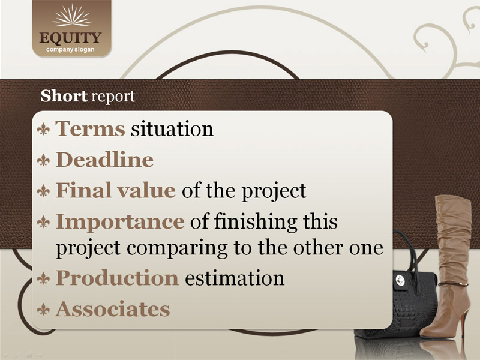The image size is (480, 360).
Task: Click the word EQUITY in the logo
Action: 70,38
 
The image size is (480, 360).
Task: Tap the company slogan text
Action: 70,50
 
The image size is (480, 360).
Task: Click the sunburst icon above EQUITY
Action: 72,16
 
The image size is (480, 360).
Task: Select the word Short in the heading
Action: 64,96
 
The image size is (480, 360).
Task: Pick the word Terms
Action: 90,128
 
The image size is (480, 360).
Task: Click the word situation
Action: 172,128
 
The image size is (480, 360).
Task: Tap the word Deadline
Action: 104,160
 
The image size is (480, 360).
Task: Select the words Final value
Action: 116,190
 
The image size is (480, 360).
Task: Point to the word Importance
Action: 120,222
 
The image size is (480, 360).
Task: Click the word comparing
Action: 177,248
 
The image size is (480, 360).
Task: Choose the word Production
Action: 117,278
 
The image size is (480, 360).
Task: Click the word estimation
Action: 235,278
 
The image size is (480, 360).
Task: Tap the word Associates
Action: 113,309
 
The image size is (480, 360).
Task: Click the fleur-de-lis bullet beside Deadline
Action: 43,160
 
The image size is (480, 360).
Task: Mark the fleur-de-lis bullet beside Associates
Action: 43,310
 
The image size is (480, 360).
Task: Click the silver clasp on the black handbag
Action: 400,280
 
